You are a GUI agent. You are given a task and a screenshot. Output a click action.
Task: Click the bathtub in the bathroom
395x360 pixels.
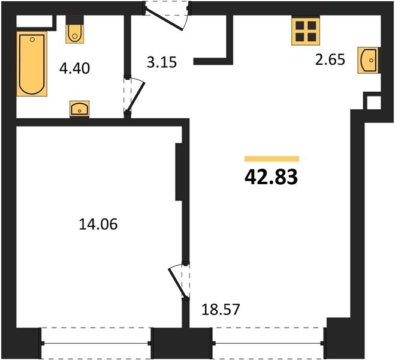[x=32, y=64]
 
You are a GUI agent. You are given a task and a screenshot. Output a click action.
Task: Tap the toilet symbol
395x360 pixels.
[x=74, y=34]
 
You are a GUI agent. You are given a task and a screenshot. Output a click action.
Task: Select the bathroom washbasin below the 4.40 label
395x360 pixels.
[x=79, y=109]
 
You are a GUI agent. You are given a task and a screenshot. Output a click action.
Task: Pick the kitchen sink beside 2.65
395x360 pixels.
[x=368, y=60]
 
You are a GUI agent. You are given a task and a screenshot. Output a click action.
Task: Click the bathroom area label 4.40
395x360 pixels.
[x=74, y=68]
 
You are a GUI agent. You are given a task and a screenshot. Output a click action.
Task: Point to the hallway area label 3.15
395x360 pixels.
[x=162, y=62]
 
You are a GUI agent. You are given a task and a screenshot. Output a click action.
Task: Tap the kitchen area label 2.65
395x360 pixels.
[x=330, y=60]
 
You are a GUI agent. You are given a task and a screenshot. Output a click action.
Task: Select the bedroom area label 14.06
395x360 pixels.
[x=98, y=224]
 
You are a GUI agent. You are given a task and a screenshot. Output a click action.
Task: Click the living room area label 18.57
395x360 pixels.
[x=221, y=310]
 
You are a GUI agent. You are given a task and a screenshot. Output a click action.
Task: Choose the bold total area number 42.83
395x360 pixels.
[x=272, y=177]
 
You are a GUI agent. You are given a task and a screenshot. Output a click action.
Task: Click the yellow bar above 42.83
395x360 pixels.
[x=272, y=158]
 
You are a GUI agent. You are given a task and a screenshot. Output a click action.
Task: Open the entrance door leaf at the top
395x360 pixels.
[x=164, y=20]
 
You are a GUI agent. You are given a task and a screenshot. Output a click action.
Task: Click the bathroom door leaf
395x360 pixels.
[x=136, y=97]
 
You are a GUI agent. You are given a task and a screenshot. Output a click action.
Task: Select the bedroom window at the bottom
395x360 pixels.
[x=96, y=343]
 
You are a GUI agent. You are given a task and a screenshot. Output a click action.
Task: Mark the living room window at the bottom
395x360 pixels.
[x=268, y=343]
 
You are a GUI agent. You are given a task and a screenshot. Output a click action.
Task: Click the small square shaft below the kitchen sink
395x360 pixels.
[x=373, y=103]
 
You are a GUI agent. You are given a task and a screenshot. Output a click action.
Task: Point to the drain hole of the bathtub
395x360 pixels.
[x=32, y=40]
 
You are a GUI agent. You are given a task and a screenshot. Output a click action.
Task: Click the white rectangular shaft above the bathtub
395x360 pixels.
[x=35, y=21]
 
